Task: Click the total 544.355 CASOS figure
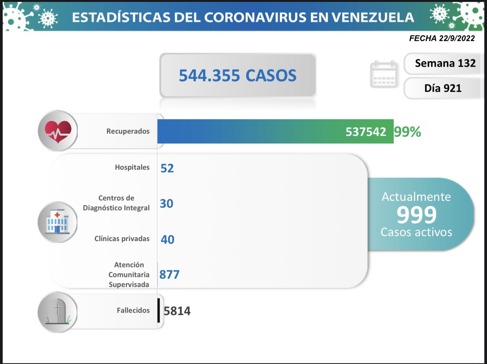click(x=237, y=76)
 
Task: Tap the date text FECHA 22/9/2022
click(x=442, y=38)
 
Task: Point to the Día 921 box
click(x=443, y=88)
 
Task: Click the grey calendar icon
click(x=384, y=74)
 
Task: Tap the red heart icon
click(x=58, y=131)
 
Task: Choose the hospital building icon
click(x=57, y=222)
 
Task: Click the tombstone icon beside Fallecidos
click(x=57, y=312)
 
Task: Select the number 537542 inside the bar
click(x=366, y=132)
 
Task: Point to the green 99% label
click(x=407, y=132)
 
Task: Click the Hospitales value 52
click(x=167, y=168)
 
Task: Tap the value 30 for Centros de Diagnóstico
click(x=167, y=204)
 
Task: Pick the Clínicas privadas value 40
click(x=167, y=240)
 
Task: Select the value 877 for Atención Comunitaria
click(x=169, y=274)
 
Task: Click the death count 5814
click(x=177, y=311)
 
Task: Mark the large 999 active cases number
click(x=416, y=215)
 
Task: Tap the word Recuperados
click(x=128, y=131)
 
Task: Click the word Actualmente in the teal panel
click(x=416, y=197)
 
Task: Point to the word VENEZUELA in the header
click(x=372, y=17)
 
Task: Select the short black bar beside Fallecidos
click(x=159, y=310)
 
